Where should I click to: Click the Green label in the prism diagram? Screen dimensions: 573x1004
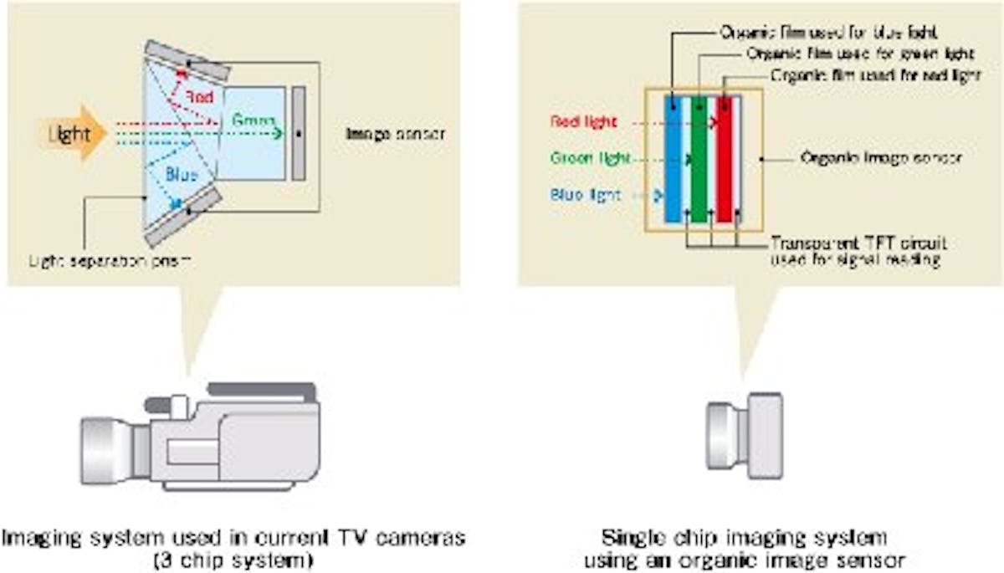tap(254, 121)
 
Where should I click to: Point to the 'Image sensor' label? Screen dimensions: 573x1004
tap(394, 133)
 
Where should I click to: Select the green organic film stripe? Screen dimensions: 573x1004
tap(699, 159)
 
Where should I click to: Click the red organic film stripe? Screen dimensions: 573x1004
tap(725, 159)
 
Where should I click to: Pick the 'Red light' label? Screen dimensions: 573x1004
tap(584, 121)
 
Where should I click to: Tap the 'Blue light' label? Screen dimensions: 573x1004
tap(586, 195)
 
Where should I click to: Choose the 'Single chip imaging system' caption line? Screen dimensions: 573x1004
tap(744, 535)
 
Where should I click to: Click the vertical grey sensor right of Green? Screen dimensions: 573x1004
tap(299, 132)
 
